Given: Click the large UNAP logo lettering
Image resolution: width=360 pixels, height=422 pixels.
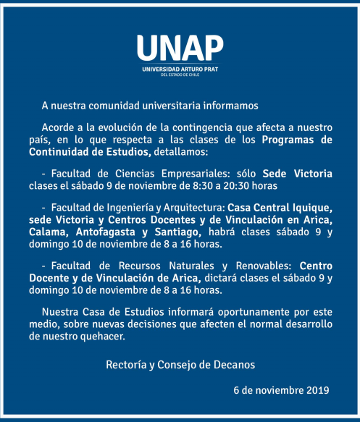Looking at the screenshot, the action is [180, 48].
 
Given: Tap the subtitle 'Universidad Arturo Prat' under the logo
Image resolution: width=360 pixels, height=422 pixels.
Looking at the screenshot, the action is [180, 69].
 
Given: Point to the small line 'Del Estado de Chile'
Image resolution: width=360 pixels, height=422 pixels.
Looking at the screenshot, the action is [180, 75].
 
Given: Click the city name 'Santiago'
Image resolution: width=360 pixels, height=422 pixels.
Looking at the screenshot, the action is [177, 232].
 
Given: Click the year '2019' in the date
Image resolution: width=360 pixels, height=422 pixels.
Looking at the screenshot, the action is [316, 391].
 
